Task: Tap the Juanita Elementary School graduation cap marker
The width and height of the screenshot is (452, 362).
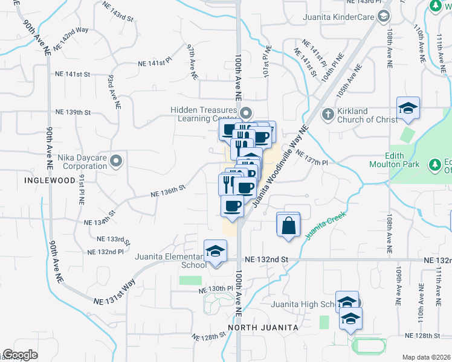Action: pos(215,252)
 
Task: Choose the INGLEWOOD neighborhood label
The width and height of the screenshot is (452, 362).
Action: pos(50,180)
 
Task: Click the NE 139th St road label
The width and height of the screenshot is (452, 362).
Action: pos(73,112)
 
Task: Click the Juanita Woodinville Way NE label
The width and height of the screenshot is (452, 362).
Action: pos(281,166)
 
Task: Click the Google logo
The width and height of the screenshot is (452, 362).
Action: pos(21,354)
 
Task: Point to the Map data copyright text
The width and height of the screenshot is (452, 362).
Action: pos(426,357)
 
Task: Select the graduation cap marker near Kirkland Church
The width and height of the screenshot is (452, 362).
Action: pos(408,109)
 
